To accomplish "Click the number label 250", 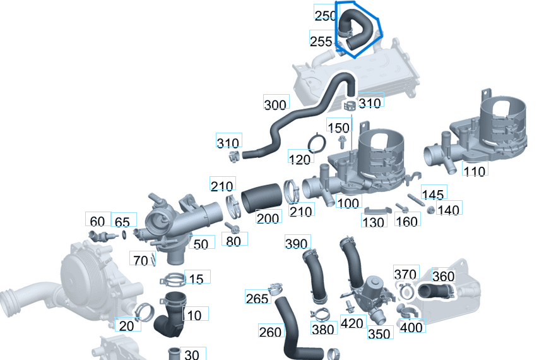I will [325, 16].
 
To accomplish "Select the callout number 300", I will [275, 104].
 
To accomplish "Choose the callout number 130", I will [374, 222].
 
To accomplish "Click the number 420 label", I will [352, 324].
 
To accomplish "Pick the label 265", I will [257, 298].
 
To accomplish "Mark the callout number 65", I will [122, 222].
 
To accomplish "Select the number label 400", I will [411, 327].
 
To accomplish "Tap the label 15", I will [196, 279].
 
